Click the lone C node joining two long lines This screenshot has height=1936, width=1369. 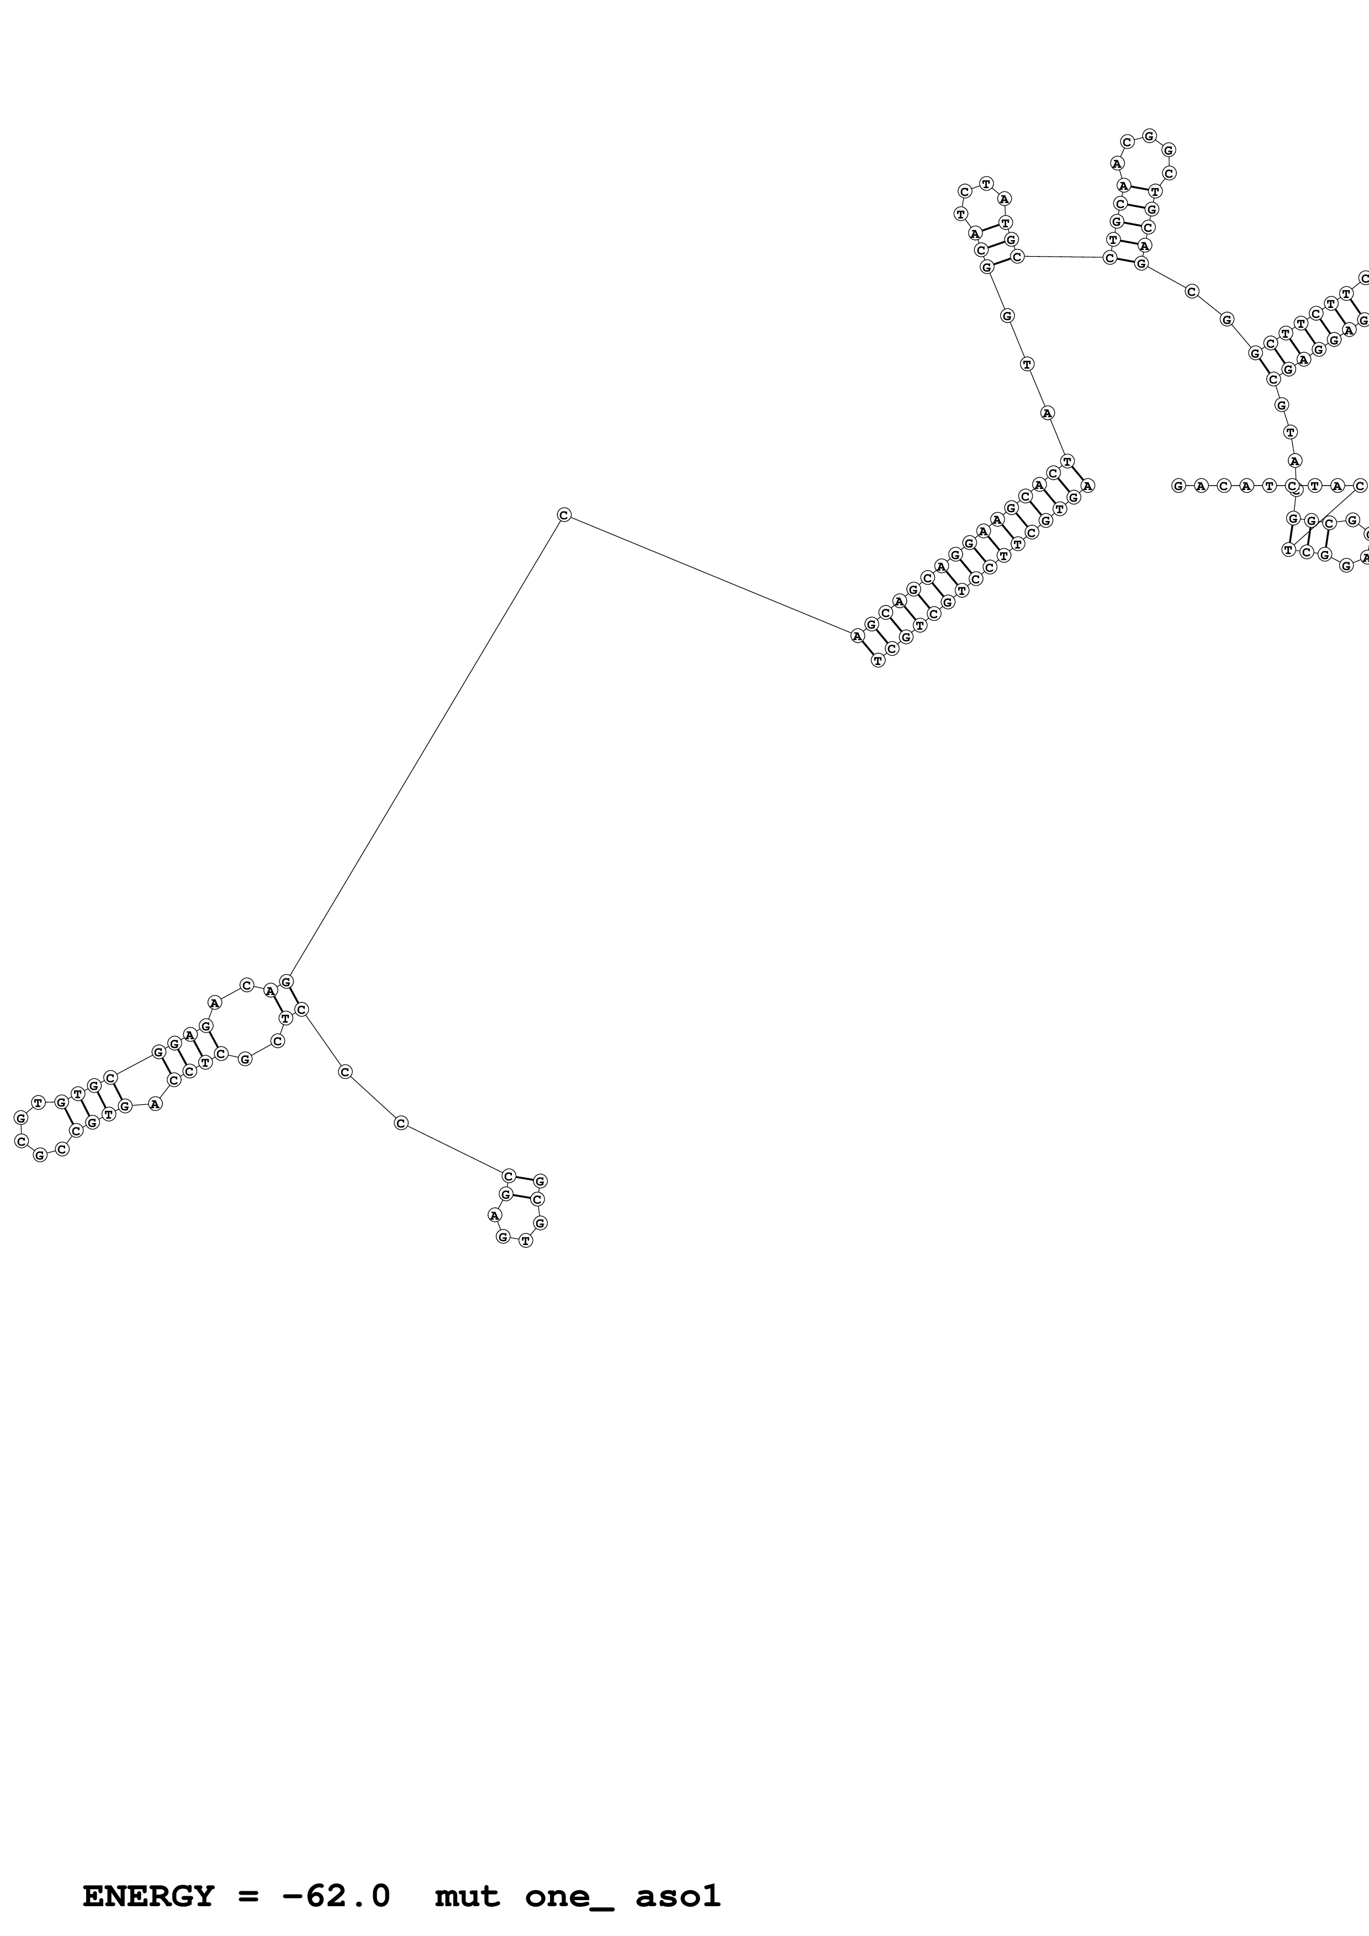563,515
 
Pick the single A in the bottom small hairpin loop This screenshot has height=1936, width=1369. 494,1215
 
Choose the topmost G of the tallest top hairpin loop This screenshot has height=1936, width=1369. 1149,135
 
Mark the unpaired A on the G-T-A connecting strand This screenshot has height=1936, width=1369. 1047,413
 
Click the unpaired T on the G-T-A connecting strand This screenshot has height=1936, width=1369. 1027,364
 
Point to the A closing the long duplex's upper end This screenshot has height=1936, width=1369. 1088,486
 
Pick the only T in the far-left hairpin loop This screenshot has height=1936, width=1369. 38,1103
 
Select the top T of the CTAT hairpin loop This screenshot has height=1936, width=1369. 986,183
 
